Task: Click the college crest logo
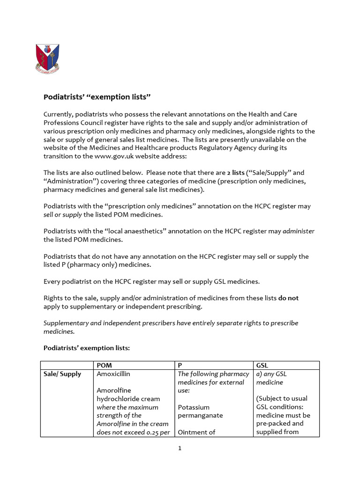click(48, 58)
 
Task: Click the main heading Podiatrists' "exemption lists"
click(97, 97)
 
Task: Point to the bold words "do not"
click(288, 298)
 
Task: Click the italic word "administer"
click(299, 231)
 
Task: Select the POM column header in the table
click(104, 365)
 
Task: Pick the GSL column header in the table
click(262, 365)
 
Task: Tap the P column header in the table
click(180, 365)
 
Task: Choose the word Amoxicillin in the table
click(113, 374)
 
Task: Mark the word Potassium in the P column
click(193, 407)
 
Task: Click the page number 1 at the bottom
click(180, 448)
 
